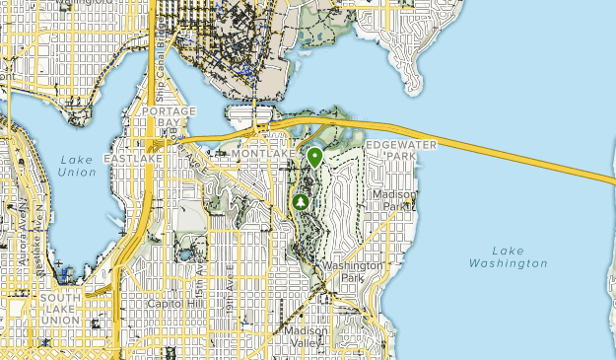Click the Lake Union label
(x=77, y=166)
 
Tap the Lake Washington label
(x=508, y=257)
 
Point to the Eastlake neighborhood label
(x=132, y=158)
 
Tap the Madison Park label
(x=394, y=200)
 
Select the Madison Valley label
(x=306, y=337)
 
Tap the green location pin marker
(x=315, y=157)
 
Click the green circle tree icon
(x=302, y=202)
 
